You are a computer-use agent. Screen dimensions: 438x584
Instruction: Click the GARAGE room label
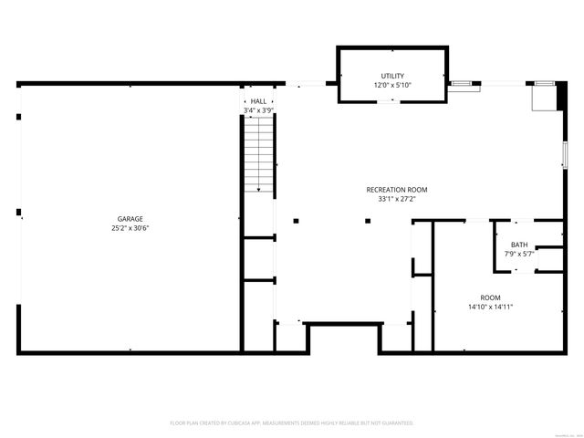(130, 219)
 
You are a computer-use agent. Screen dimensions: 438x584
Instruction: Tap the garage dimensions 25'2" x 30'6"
(130, 228)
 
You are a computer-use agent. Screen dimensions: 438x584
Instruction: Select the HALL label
(259, 101)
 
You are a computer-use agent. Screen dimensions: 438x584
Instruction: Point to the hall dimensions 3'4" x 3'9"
(259, 110)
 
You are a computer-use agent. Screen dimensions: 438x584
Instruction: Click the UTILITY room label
(393, 76)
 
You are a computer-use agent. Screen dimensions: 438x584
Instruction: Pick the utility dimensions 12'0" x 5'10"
(393, 85)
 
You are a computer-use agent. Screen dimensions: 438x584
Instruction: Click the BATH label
(519, 245)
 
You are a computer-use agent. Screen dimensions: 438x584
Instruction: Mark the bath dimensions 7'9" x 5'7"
(519, 254)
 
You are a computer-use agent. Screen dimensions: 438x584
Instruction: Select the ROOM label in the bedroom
(491, 297)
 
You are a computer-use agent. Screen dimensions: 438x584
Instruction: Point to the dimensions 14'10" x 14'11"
(491, 307)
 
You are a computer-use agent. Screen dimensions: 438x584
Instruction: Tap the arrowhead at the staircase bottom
(259, 189)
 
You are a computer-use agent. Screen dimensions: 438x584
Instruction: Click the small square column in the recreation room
(367, 220)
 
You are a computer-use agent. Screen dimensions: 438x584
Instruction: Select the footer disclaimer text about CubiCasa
(292, 423)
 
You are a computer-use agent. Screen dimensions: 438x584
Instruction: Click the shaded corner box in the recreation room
(544, 97)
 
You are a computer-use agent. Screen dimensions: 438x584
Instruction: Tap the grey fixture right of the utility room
(464, 84)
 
